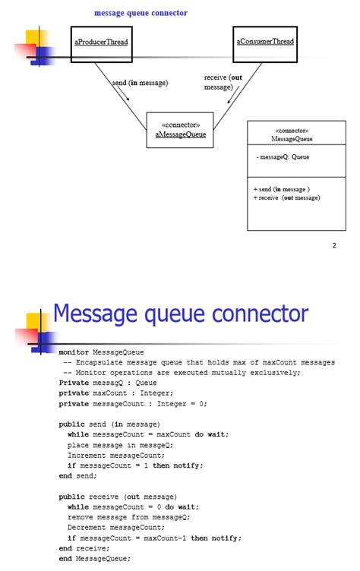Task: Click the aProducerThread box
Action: [101, 44]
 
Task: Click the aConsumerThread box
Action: [264, 44]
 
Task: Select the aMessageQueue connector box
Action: [180, 130]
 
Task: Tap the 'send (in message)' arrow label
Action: [140, 83]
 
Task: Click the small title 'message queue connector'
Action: [141, 13]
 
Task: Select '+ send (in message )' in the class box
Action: [281, 189]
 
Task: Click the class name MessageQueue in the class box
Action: [292, 139]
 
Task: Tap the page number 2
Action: [333, 245]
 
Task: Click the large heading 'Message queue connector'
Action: [180, 314]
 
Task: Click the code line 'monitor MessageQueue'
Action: [101, 352]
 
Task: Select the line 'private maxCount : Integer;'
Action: [115, 393]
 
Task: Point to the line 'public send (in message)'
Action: [109, 424]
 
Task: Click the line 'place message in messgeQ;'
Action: [120, 445]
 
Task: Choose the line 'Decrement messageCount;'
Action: [115, 527]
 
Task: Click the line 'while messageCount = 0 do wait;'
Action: [133, 506]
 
